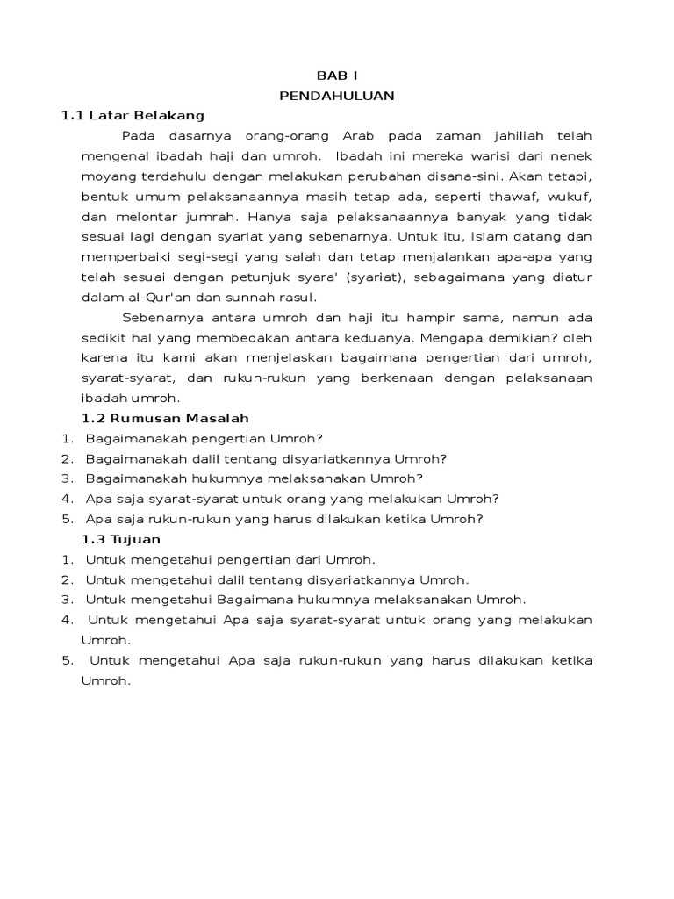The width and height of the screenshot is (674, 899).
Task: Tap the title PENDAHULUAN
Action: (x=337, y=97)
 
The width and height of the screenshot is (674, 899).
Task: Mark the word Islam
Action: (x=495, y=237)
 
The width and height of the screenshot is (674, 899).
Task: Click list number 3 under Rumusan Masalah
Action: (x=66, y=478)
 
